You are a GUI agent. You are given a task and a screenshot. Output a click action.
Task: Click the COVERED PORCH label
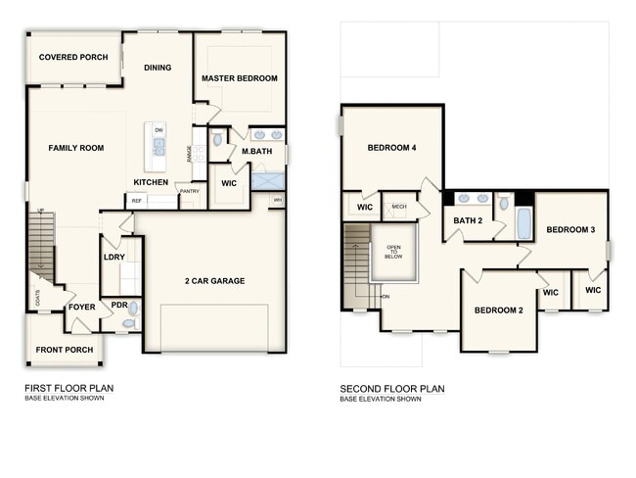click(x=73, y=58)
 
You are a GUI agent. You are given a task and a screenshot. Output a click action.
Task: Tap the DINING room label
click(x=158, y=68)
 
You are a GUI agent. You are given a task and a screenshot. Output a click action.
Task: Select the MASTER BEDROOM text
click(x=239, y=78)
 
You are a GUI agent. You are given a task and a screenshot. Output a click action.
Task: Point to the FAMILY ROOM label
click(x=76, y=148)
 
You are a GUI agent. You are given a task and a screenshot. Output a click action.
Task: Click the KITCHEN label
click(x=151, y=183)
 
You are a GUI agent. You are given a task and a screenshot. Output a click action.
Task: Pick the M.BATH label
click(x=256, y=151)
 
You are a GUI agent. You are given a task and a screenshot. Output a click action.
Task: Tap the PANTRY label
click(x=190, y=191)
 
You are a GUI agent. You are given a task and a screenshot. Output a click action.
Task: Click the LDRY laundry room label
click(x=114, y=258)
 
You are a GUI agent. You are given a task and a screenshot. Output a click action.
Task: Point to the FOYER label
click(x=81, y=307)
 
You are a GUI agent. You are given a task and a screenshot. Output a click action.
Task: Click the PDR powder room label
click(x=119, y=306)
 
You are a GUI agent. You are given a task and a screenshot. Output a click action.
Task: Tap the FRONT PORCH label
click(x=64, y=350)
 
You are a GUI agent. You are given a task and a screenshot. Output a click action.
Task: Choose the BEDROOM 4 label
click(x=391, y=148)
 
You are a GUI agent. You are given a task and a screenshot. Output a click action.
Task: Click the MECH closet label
click(x=398, y=207)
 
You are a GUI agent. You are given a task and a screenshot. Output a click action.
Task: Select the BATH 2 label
click(x=467, y=221)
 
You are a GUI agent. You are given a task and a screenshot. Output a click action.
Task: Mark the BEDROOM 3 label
click(x=570, y=230)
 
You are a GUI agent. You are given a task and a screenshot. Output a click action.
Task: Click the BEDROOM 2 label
click(x=499, y=311)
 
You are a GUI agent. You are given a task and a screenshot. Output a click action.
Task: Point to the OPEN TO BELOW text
click(x=393, y=252)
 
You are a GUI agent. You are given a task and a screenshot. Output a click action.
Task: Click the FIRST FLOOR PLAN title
click(x=68, y=389)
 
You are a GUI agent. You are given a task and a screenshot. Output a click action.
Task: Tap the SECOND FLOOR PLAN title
click(x=392, y=389)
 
